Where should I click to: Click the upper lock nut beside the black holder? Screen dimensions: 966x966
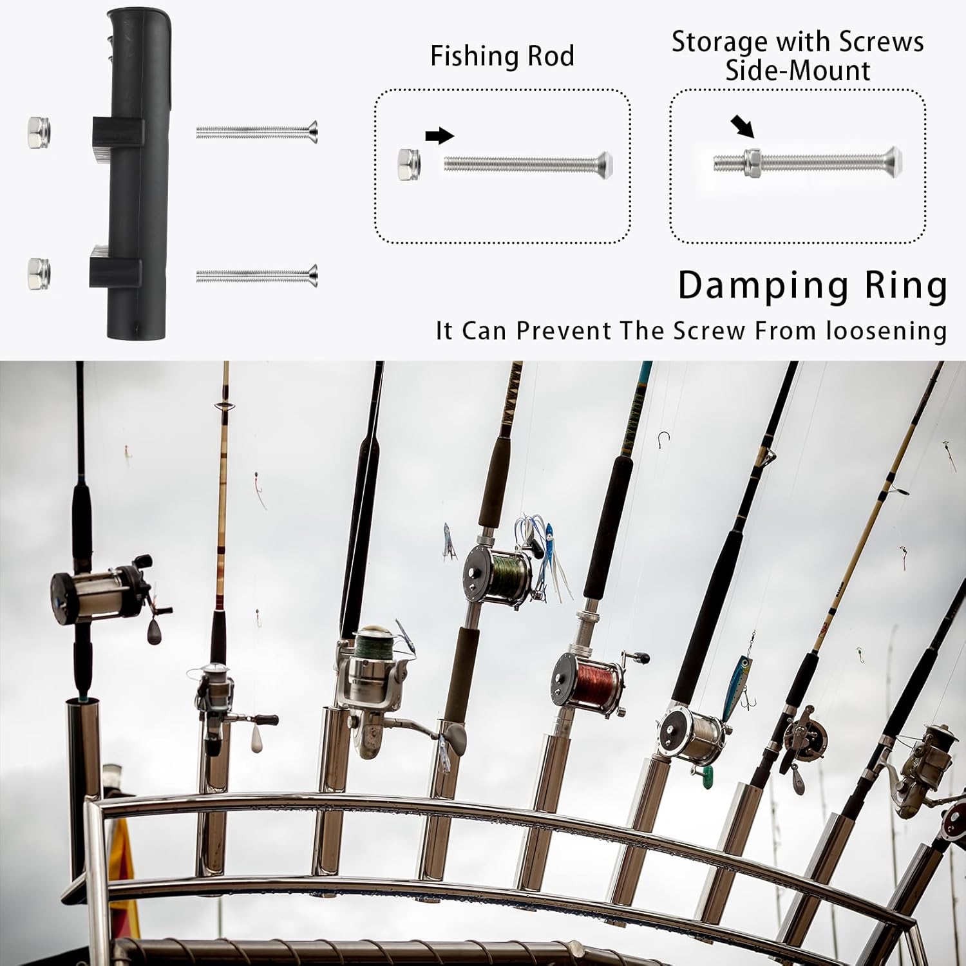[x=39, y=131]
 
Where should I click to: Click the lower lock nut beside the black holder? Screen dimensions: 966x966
[x=39, y=273]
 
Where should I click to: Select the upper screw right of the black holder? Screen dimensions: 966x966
[x=257, y=132]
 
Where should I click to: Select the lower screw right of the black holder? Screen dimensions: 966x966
[x=257, y=276]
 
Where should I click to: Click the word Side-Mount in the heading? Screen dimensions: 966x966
[x=797, y=70]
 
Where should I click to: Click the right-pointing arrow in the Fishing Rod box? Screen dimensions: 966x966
[x=440, y=136]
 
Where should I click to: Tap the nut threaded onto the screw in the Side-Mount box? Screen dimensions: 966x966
[x=752, y=163]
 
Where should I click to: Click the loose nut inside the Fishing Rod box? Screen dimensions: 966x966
[x=410, y=163]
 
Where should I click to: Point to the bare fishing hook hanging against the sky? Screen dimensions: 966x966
[x=663, y=440]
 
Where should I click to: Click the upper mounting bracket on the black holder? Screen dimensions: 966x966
[x=118, y=131]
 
